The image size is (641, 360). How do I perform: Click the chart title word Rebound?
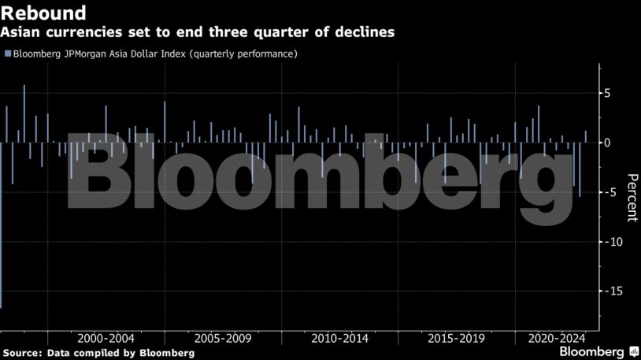(43, 13)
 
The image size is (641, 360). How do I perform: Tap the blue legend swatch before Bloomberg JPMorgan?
(7, 54)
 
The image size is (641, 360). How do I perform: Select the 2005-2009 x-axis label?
(223, 338)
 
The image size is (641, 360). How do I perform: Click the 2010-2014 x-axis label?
(339, 338)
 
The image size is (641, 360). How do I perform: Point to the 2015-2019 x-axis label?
(456, 338)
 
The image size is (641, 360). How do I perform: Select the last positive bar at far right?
(586, 136)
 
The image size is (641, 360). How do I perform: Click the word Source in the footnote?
(20, 353)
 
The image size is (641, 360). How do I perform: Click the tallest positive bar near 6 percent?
(24, 113)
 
